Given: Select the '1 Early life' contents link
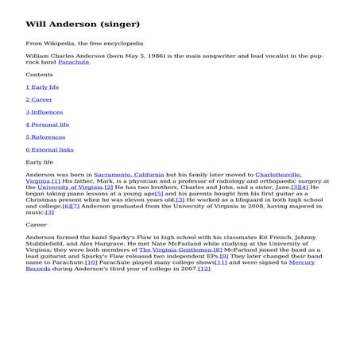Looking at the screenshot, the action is (x=42, y=87).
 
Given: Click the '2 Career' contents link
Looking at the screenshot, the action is (x=39, y=99).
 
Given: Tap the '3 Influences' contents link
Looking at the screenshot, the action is (x=45, y=112).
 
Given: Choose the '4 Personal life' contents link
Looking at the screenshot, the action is (x=48, y=124).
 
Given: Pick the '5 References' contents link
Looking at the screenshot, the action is (x=45, y=137).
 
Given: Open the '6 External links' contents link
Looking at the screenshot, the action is (x=49, y=149).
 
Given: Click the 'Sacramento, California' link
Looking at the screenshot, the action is (x=129, y=174).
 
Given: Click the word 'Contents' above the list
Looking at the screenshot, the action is (x=40, y=75).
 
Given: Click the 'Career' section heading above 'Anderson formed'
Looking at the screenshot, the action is (x=37, y=225).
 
